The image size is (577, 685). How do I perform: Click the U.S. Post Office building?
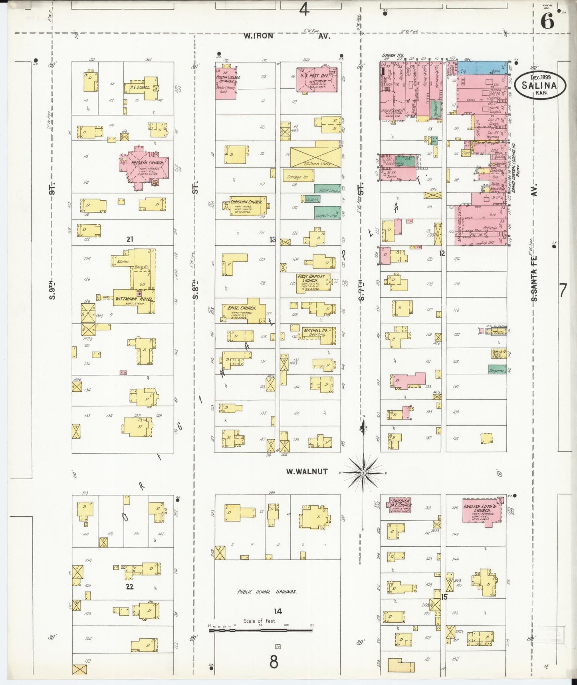click(x=316, y=80)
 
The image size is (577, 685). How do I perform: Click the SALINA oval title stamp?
click(x=540, y=85)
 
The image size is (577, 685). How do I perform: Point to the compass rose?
click(x=363, y=473)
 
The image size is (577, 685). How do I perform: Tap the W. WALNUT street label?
click(x=307, y=472)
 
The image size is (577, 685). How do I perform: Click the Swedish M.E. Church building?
click(x=401, y=505)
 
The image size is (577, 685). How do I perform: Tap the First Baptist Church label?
click(x=313, y=278)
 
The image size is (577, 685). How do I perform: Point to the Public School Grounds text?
click(x=267, y=591)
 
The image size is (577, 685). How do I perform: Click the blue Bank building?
click(x=482, y=68)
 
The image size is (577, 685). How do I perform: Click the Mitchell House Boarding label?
click(x=315, y=333)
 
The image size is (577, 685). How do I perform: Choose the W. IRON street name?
click(x=259, y=36)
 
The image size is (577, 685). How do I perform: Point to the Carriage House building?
click(x=297, y=176)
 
